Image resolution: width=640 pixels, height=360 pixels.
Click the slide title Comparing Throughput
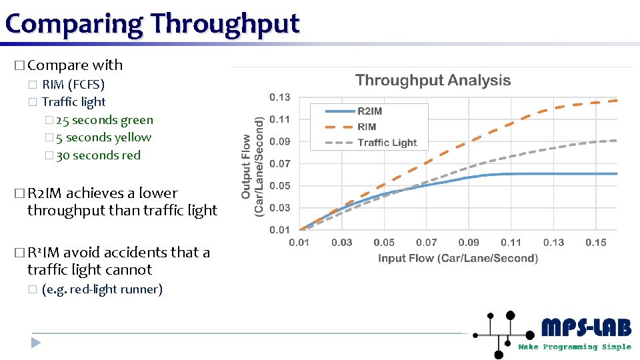point(152,23)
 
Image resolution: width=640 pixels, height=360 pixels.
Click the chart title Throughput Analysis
point(433,81)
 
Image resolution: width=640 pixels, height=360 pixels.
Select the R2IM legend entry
point(369,111)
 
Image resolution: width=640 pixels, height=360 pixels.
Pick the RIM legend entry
point(367,127)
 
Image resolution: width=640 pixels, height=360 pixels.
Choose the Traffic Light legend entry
point(387,143)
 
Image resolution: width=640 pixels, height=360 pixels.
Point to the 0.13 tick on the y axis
point(279,97)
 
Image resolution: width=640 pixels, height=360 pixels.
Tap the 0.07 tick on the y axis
point(279,163)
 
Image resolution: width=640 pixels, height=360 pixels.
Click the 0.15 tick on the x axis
point(595,243)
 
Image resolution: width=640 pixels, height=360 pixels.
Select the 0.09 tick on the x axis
point(469,243)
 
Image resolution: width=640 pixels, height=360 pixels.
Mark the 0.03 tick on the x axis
point(341,243)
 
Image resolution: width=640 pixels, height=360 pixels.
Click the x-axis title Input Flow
point(457,258)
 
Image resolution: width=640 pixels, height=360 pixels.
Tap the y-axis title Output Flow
point(253,166)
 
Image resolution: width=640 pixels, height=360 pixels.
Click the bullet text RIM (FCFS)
point(73,85)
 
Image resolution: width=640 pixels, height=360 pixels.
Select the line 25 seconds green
point(104,120)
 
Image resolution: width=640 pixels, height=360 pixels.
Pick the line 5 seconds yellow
point(103,137)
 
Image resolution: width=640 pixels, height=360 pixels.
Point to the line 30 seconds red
point(98,155)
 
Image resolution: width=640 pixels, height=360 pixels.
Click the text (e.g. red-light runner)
point(101,289)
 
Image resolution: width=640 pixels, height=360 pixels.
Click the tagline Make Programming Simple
point(574,347)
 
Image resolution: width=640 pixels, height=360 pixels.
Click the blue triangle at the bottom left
point(36,343)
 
